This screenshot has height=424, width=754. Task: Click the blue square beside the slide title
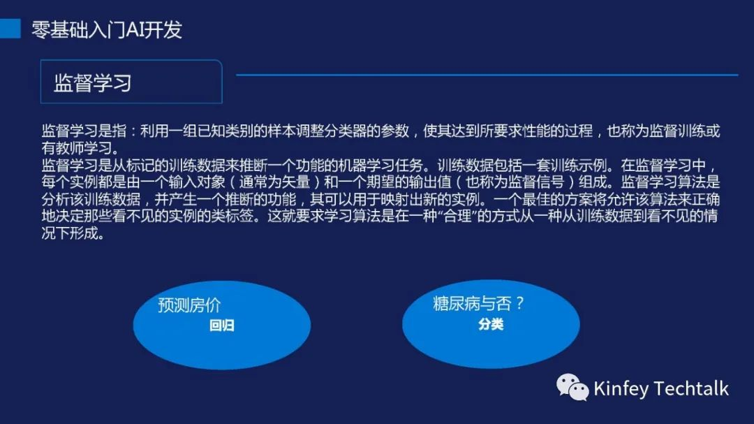coord(10,29)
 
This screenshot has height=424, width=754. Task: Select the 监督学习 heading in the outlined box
coord(93,83)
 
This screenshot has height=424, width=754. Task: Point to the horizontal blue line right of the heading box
coord(487,75)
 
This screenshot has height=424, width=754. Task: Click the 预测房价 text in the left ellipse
coord(189,305)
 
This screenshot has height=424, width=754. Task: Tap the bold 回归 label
coord(222,326)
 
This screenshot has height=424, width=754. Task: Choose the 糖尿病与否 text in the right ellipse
coord(471,303)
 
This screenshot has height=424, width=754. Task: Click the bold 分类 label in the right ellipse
coord(491,324)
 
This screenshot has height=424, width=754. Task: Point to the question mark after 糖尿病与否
coord(519,303)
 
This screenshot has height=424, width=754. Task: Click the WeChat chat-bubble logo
coord(572,388)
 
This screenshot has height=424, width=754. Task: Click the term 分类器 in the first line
coord(346,131)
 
